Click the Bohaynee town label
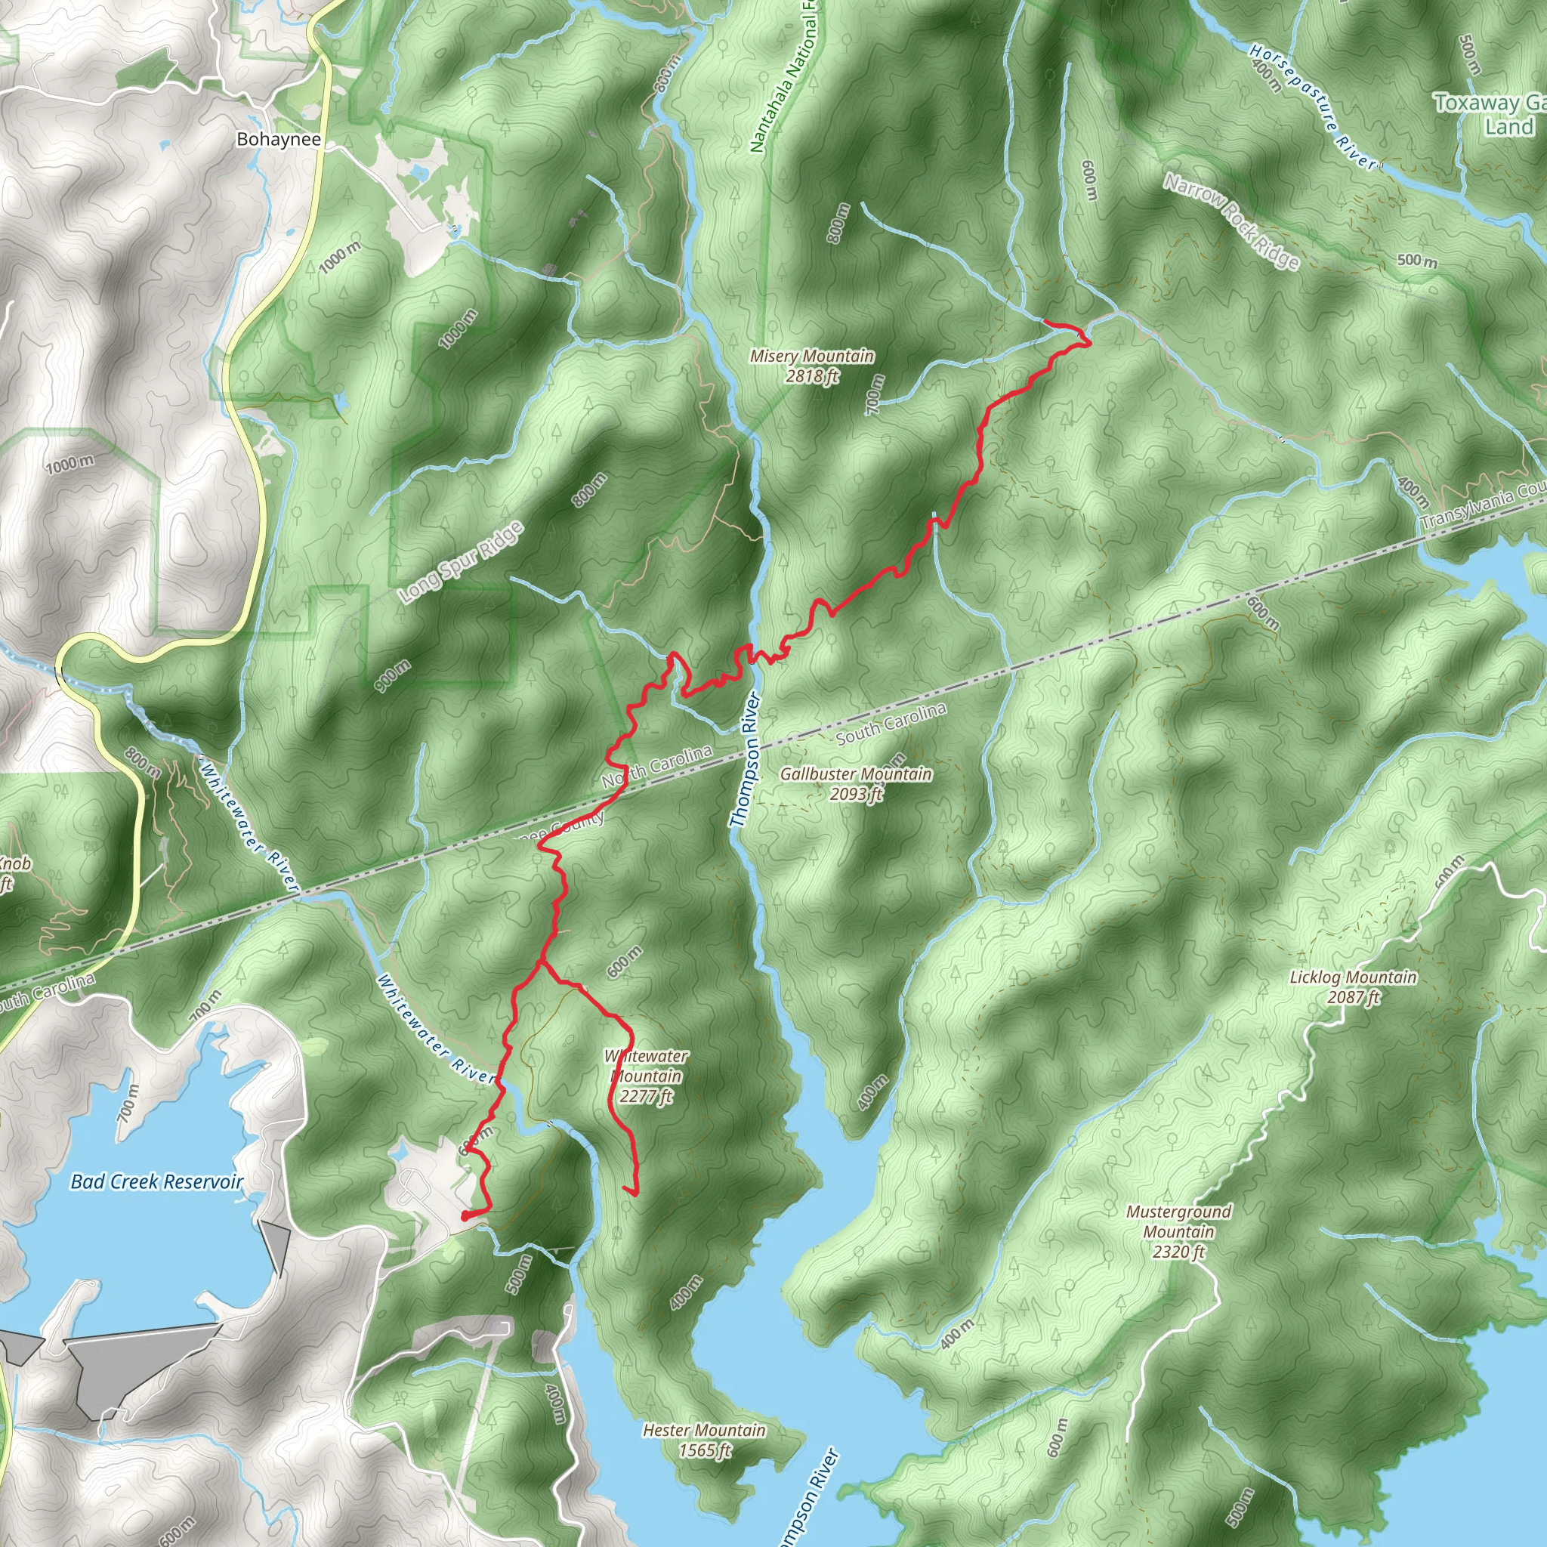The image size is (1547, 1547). tap(279, 139)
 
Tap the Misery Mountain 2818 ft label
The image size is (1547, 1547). tap(811, 366)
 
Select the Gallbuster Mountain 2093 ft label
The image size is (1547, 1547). tap(855, 783)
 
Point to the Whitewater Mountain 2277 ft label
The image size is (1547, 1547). tap(645, 1076)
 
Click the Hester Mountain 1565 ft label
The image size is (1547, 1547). tap(704, 1440)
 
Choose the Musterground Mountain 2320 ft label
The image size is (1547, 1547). tap(1178, 1231)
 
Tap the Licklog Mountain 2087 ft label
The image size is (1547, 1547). tap(1352, 987)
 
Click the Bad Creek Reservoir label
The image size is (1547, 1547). tap(157, 1182)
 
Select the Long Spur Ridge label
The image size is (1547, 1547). tap(462, 562)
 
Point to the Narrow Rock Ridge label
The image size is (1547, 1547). tap(1230, 222)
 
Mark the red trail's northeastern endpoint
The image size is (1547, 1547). tap(1045, 322)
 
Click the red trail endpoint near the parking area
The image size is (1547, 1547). tap(465, 1216)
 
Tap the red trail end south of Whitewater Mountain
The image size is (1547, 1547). tap(636, 1195)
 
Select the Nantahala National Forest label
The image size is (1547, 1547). tap(782, 80)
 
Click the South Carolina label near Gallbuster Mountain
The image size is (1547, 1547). tap(891, 724)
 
